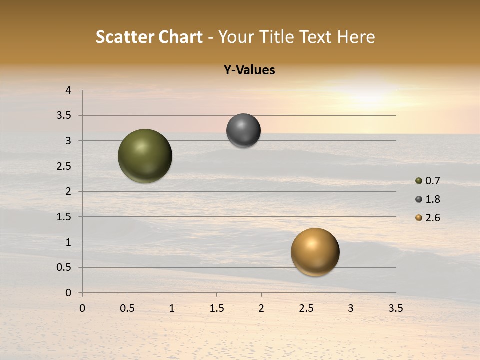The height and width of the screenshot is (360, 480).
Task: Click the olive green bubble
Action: point(145,156)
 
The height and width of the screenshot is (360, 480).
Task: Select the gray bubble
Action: point(243,131)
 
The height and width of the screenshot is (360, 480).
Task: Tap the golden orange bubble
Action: point(315,252)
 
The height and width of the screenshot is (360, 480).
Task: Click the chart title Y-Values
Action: point(249,70)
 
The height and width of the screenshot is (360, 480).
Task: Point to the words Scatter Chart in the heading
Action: point(149,37)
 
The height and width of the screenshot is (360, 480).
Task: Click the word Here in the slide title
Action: point(355,37)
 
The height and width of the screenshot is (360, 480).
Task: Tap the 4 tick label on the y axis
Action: point(68,90)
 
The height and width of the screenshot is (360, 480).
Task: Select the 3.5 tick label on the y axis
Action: point(64,116)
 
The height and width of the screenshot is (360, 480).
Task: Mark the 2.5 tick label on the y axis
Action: point(64,166)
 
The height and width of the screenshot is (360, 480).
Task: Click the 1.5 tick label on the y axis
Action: point(64,217)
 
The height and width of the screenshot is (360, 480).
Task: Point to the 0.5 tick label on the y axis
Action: point(64,267)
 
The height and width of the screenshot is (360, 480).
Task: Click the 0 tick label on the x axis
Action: point(82,308)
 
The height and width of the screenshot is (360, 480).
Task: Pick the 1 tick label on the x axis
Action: point(172,308)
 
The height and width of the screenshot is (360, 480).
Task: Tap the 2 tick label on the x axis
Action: point(261,308)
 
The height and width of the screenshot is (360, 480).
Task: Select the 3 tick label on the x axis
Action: point(351,308)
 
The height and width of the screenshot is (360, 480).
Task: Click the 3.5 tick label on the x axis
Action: point(395,308)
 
